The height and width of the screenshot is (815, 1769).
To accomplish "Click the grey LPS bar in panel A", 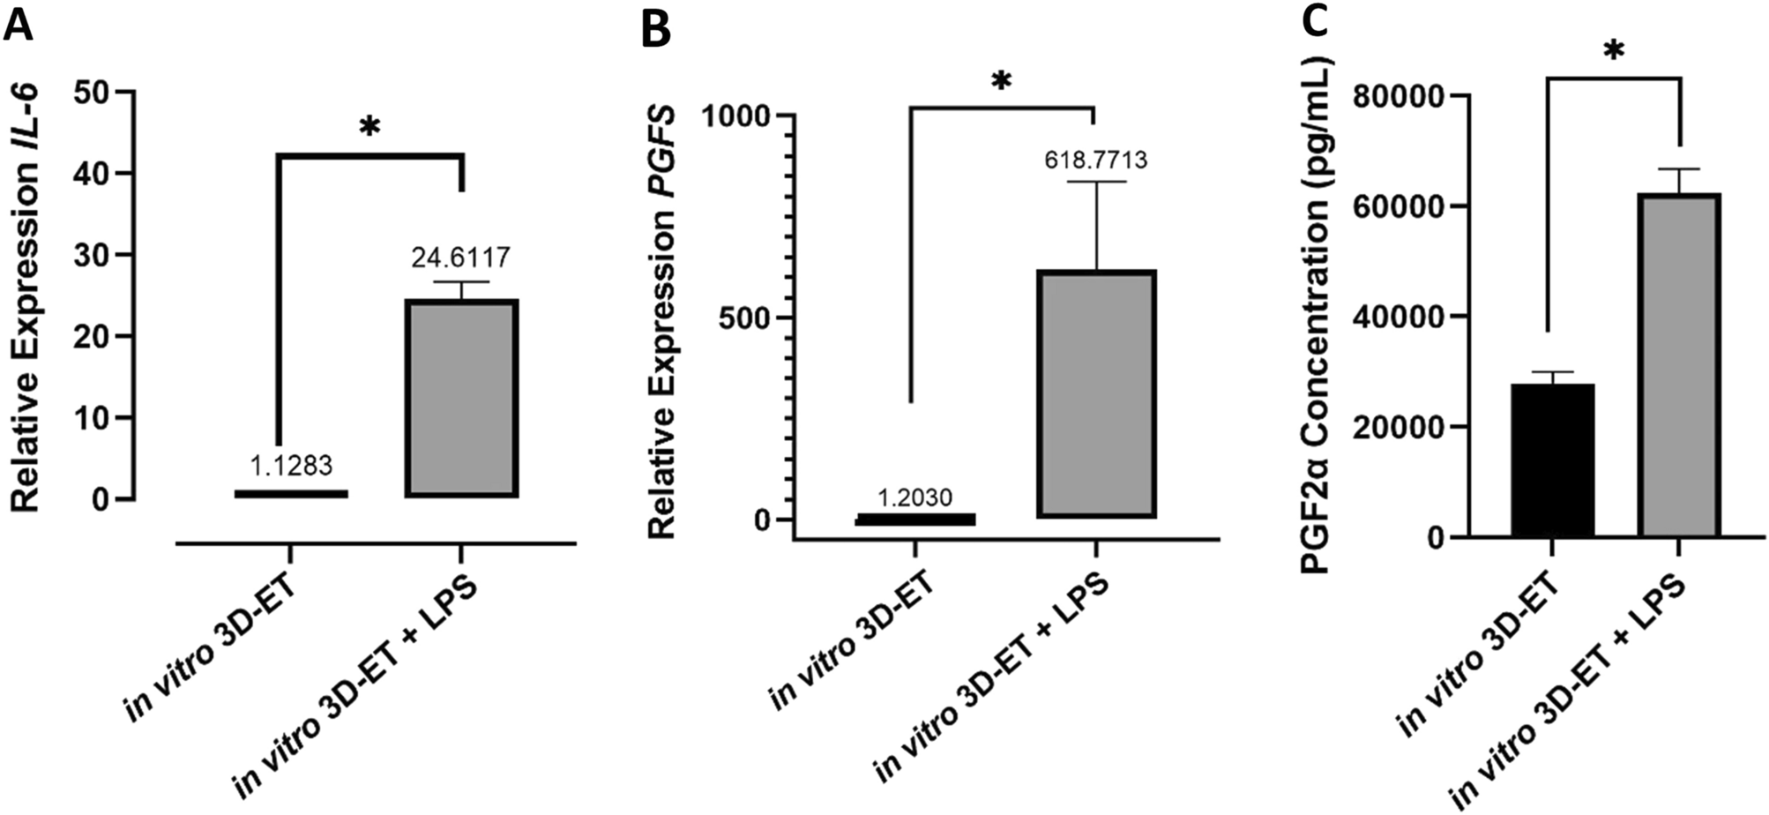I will [461, 398].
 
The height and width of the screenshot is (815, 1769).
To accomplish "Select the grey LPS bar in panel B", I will [1096, 393].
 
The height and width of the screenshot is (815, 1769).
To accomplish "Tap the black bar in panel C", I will [1552, 460].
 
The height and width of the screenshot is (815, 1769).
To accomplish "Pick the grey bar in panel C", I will [1678, 365].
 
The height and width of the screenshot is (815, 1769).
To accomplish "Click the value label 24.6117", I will [460, 258].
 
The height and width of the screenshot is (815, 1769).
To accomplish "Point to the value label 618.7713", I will [1096, 160].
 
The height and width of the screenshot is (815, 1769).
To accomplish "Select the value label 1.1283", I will [291, 465].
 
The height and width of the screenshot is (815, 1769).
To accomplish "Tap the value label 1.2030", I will [914, 497].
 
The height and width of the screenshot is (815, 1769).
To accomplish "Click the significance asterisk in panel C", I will [1614, 53].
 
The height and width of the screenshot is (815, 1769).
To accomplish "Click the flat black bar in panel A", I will [291, 493].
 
